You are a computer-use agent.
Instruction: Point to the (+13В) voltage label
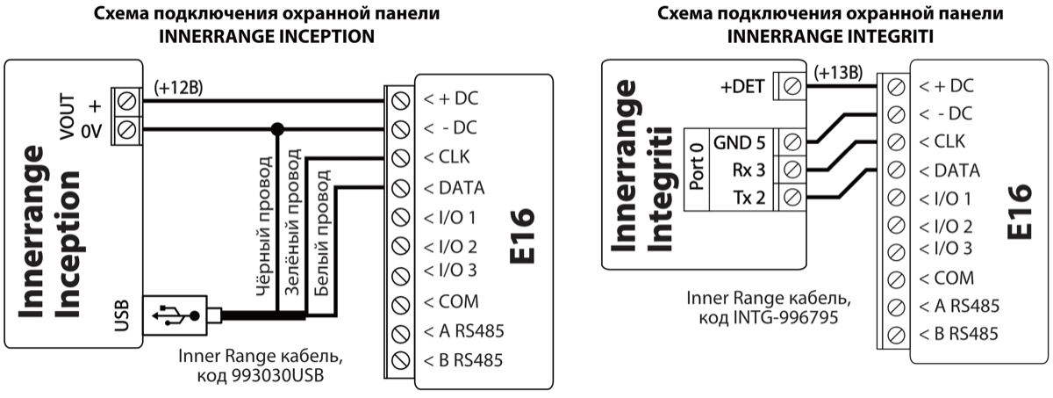coord(838,72)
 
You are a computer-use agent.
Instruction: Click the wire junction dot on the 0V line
coord(277,129)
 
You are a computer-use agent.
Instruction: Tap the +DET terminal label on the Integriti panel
coord(741,86)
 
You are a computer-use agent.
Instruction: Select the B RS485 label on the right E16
coord(958,334)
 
